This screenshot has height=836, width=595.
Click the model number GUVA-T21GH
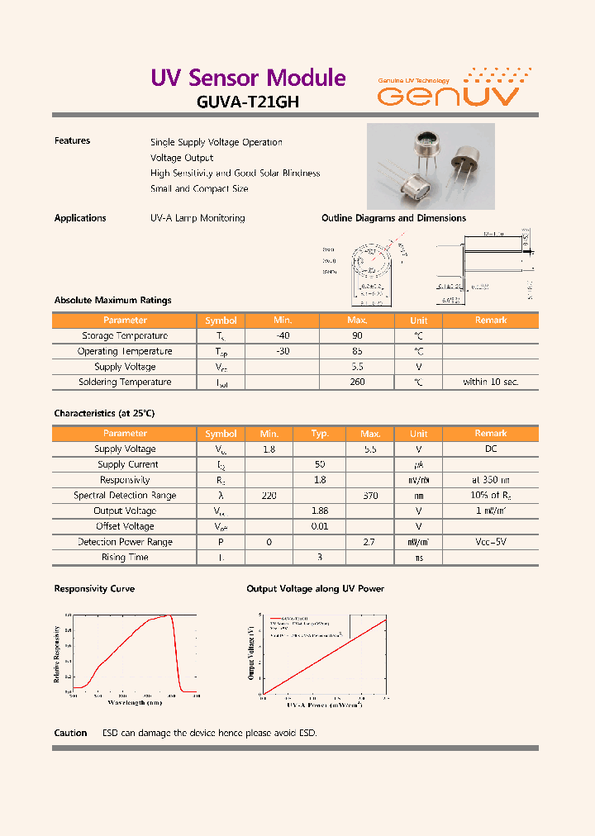point(248,102)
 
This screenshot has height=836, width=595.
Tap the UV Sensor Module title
point(248,78)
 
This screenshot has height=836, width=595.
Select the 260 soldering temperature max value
point(357,382)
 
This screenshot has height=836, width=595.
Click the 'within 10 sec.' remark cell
point(490,382)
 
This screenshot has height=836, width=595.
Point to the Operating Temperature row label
point(125,351)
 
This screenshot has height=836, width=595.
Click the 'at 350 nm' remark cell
point(490,480)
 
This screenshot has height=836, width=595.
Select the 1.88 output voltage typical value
point(320,511)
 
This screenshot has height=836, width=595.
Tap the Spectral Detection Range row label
point(125,496)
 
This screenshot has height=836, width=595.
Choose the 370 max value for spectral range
point(370,496)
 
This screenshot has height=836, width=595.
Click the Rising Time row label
point(125,558)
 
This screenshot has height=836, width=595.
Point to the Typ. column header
point(320,434)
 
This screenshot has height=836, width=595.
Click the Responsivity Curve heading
point(94,589)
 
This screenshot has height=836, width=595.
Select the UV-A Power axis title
point(324,705)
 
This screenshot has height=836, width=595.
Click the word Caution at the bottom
point(70,734)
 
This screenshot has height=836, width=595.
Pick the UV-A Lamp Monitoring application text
point(198,218)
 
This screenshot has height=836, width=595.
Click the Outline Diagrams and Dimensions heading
point(393,218)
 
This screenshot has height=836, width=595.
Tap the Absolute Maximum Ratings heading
point(112,301)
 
